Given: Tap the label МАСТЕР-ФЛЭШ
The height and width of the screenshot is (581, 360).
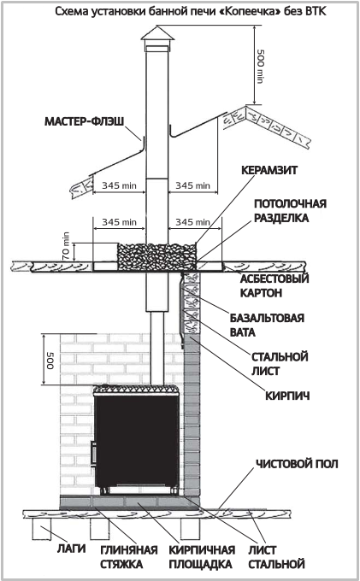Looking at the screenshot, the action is (x=84, y=121).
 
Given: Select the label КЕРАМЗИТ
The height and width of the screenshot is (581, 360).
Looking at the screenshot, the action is (x=269, y=170).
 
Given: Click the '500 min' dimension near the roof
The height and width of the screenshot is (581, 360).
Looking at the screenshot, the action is (x=260, y=66).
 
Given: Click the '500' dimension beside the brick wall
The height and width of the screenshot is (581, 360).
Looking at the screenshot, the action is (x=50, y=360).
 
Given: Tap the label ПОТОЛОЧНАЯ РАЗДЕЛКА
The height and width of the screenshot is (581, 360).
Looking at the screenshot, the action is (x=290, y=210).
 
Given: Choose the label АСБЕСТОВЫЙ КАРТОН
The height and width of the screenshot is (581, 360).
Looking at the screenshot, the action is (x=274, y=285).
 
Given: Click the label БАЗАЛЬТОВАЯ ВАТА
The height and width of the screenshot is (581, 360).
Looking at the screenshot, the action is (x=267, y=325).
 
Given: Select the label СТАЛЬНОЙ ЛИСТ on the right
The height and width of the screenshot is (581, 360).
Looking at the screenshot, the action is (x=280, y=363).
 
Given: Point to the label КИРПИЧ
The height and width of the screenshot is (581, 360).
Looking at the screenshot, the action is (x=287, y=396).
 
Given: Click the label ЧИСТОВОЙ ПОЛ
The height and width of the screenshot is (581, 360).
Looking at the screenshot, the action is (x=297, y=464).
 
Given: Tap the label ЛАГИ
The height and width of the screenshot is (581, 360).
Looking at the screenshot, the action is (x=71, y=549).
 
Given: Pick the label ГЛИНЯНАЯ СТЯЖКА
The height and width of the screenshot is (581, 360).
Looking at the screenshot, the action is (x=129, y=557).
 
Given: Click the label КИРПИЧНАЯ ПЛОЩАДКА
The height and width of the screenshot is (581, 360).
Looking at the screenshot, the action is (x=202, y=557).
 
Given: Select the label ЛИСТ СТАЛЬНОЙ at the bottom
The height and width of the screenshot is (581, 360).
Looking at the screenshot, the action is (x=276, y=557).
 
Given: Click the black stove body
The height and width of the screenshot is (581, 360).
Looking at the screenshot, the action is (x=137, y=442).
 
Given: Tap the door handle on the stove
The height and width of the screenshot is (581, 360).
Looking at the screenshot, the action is (x=93, y=454).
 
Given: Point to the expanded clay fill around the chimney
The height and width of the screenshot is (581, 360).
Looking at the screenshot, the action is (x=156, y=256).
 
